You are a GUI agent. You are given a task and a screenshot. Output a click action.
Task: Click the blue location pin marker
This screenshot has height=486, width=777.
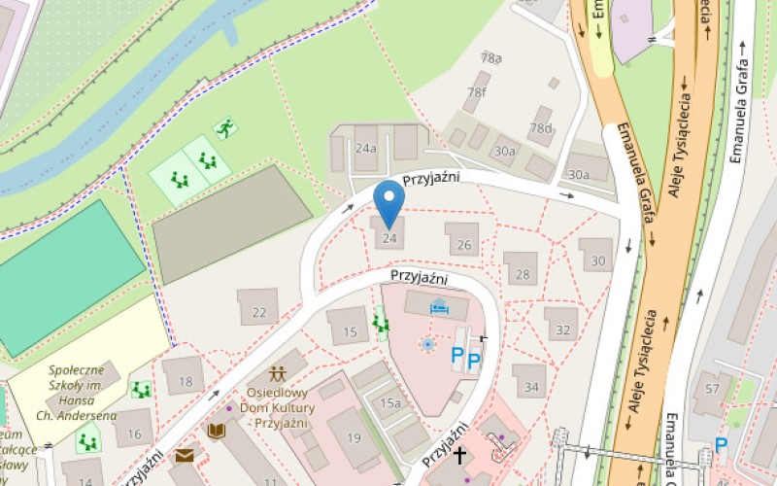[389, 201]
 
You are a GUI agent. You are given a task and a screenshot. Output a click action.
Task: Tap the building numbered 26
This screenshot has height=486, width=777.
[463, 245]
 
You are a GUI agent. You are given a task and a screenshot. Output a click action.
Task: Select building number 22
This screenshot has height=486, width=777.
[258, 312]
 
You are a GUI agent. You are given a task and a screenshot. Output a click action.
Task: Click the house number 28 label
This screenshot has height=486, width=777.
[523, 274]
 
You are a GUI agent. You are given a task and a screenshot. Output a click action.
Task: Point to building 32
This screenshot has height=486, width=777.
[562, 330]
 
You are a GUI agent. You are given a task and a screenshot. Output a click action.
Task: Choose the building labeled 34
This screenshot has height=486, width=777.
[530, 386]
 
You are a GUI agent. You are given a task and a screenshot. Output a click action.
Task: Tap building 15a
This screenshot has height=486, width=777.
[389, 402]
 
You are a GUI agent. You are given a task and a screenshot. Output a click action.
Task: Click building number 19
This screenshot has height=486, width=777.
[354, 438]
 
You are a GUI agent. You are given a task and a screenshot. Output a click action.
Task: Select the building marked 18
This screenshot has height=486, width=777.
[185, 382]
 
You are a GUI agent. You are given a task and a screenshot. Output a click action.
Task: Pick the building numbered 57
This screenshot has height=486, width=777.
[713, 390]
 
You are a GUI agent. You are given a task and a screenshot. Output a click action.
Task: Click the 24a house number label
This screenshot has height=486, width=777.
[365, 150]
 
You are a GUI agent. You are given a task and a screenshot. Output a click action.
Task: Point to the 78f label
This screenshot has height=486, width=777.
[476, 92]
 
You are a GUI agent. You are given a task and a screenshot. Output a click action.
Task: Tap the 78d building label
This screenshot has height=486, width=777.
[540, 127]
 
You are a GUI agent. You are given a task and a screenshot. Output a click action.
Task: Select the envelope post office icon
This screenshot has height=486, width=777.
[184, 455]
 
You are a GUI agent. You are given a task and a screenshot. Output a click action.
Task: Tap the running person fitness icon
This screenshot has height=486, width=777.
[225, 127]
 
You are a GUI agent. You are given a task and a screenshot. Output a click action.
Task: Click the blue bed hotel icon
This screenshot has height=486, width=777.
[438, 308]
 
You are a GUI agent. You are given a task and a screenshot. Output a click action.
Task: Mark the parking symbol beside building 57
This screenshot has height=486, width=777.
[721, 445]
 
